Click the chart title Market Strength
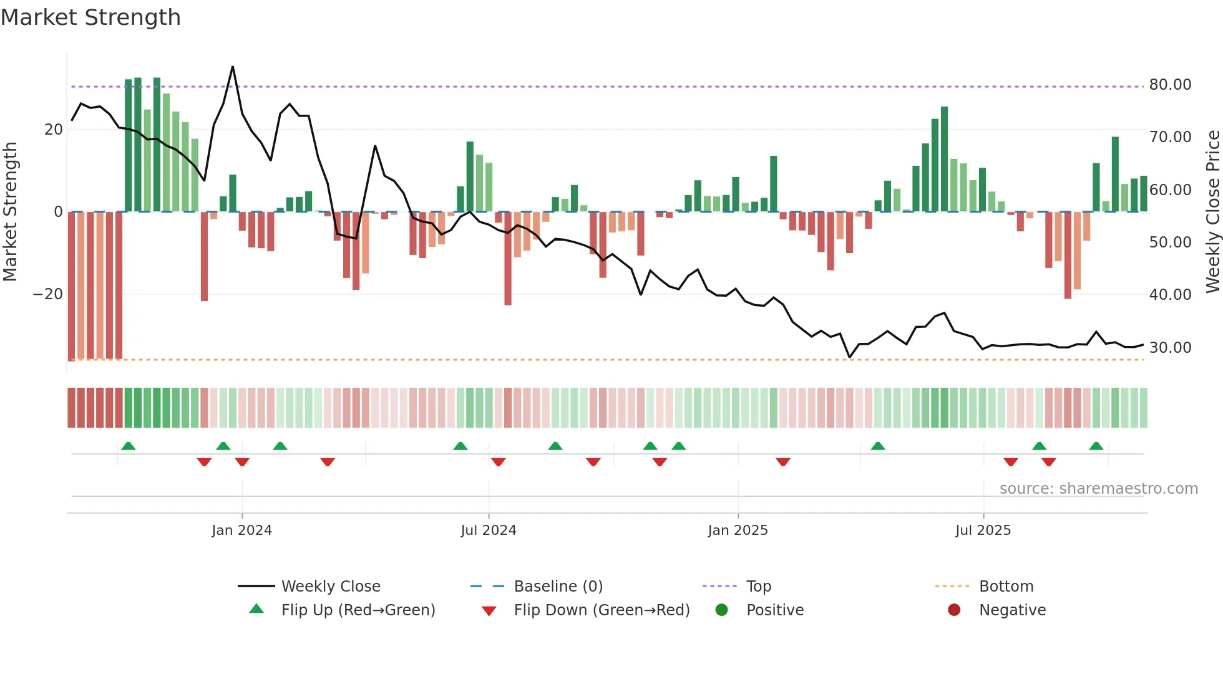click(90, 17)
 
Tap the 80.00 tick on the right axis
click(1170, 85)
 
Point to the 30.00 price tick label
click(1170, 348)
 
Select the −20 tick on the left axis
click(47, 294)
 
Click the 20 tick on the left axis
click(54, 130)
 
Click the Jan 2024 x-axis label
click(241, 531)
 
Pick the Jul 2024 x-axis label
click(489, 531)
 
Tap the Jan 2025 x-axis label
click(738, 531)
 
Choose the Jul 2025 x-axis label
click(983, 531)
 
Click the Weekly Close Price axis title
click(1212, 211)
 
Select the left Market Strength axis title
click(10, 211)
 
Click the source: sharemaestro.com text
click(1098, 489)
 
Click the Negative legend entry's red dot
click(954, 610)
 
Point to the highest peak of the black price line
click(233, 67)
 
